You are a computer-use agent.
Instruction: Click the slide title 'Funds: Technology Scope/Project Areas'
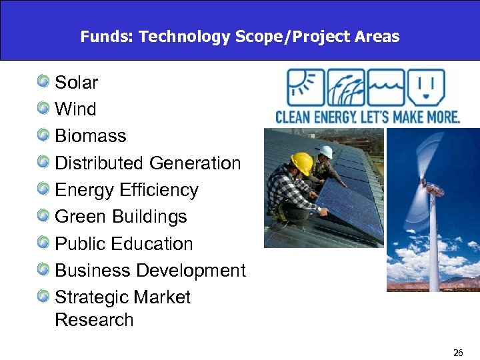click(x=239, y=37)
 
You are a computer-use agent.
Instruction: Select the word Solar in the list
click(x=76, y=83)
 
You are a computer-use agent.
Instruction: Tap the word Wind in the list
click(x=75, y=109)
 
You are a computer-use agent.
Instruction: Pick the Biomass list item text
click(x=90, y=136)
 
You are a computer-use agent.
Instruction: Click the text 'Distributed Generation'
click(x=147, y=163)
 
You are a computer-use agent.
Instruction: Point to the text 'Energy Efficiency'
click(x=127, y=190)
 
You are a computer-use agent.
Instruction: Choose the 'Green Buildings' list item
click(x=121, y=217)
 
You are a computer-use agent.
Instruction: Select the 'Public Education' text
click(x=123, y=244)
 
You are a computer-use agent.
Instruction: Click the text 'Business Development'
click(x=150, y=271)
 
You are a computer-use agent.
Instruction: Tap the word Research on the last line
click(x=94, y=320)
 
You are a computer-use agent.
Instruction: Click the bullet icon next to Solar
click(x=43, y=82)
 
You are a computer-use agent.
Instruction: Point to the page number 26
click(x=458, y=353)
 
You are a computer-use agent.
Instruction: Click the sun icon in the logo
click(x=305, y=87)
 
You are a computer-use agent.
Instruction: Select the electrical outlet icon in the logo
click(x=426, y=87)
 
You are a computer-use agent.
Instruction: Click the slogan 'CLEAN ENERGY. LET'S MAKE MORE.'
click(x=367, y=117)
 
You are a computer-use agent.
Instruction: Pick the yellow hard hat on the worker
click(x=302, y=162)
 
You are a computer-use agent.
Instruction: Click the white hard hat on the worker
click(x=325, y=151)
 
